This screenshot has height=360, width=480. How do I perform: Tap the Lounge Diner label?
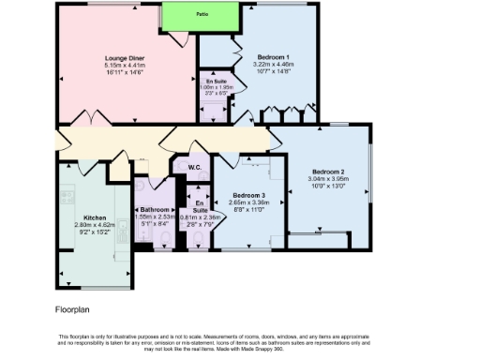click(123, 57)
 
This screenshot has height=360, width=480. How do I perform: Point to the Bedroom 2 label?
click(328, 172)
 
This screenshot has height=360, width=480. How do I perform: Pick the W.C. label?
click(195, 168)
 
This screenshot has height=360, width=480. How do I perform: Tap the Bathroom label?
click(155, 209)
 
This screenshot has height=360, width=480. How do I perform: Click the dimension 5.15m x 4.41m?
click(123, 64)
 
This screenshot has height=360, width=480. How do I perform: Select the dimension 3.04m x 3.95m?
click(328, 179)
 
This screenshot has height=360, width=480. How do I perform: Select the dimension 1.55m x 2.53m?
click(155, 216)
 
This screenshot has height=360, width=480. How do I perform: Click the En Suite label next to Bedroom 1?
click(217, 82)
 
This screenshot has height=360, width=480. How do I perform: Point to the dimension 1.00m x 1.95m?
click(217, 88)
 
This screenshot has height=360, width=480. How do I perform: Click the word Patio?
click(202, 15)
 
